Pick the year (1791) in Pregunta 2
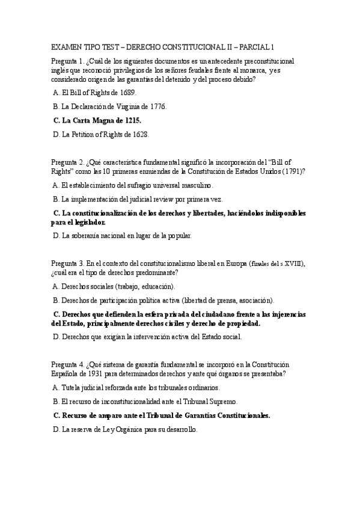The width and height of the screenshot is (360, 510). point(290,171)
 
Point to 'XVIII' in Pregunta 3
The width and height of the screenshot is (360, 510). point(292,263)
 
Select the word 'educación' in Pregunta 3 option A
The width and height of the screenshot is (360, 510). point(157,286)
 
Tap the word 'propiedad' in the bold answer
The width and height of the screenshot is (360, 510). point(241,324)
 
